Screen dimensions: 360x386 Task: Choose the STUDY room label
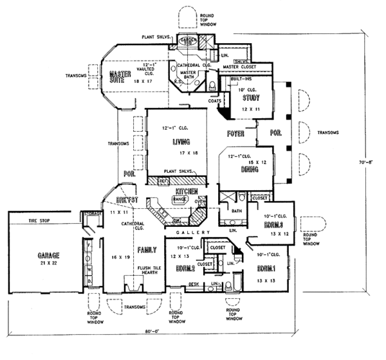pos(250,98)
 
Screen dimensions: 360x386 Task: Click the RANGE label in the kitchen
pos(179,201)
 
